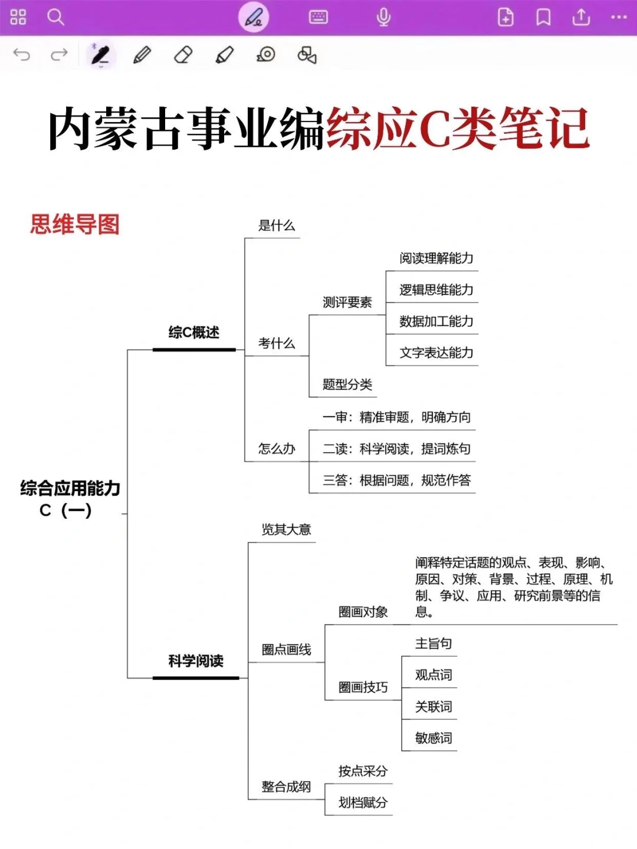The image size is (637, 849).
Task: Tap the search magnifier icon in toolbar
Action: click(x=55, y=17)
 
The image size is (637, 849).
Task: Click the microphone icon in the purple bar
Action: click(x=383, y=17)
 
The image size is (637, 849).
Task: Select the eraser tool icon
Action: click(x=183, y=55)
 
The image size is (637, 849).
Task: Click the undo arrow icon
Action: click(x=22, y=55)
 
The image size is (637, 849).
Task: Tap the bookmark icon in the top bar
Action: click(x=543, y=17)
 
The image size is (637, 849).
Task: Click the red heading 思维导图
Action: click(x=75, y=225)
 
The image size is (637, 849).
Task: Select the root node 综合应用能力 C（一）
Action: click(x=70, y=499)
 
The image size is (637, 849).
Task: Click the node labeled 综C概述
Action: click(x=193, y=333)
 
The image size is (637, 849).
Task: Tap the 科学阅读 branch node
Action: click(x=196, y=661)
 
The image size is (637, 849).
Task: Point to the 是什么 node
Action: click(x=276, y=226)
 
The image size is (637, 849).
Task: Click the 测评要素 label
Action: click(x=347, y=302)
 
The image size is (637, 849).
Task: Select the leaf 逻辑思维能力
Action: click(x=436, y=289)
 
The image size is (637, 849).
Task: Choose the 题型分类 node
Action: click(x=347, y=385)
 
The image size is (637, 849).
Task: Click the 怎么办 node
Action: click(x=276, y=449)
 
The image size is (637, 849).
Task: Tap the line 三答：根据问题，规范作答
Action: click(x=396, y=481)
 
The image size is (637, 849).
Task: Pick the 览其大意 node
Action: click(x=286, y=529)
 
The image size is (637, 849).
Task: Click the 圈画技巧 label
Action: click(x=363, y=687)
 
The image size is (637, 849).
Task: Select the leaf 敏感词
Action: click(x=434, y=738)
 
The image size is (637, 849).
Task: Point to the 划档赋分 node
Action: click(x=363, y=802)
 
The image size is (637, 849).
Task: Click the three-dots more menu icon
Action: click(x=619, y=17)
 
